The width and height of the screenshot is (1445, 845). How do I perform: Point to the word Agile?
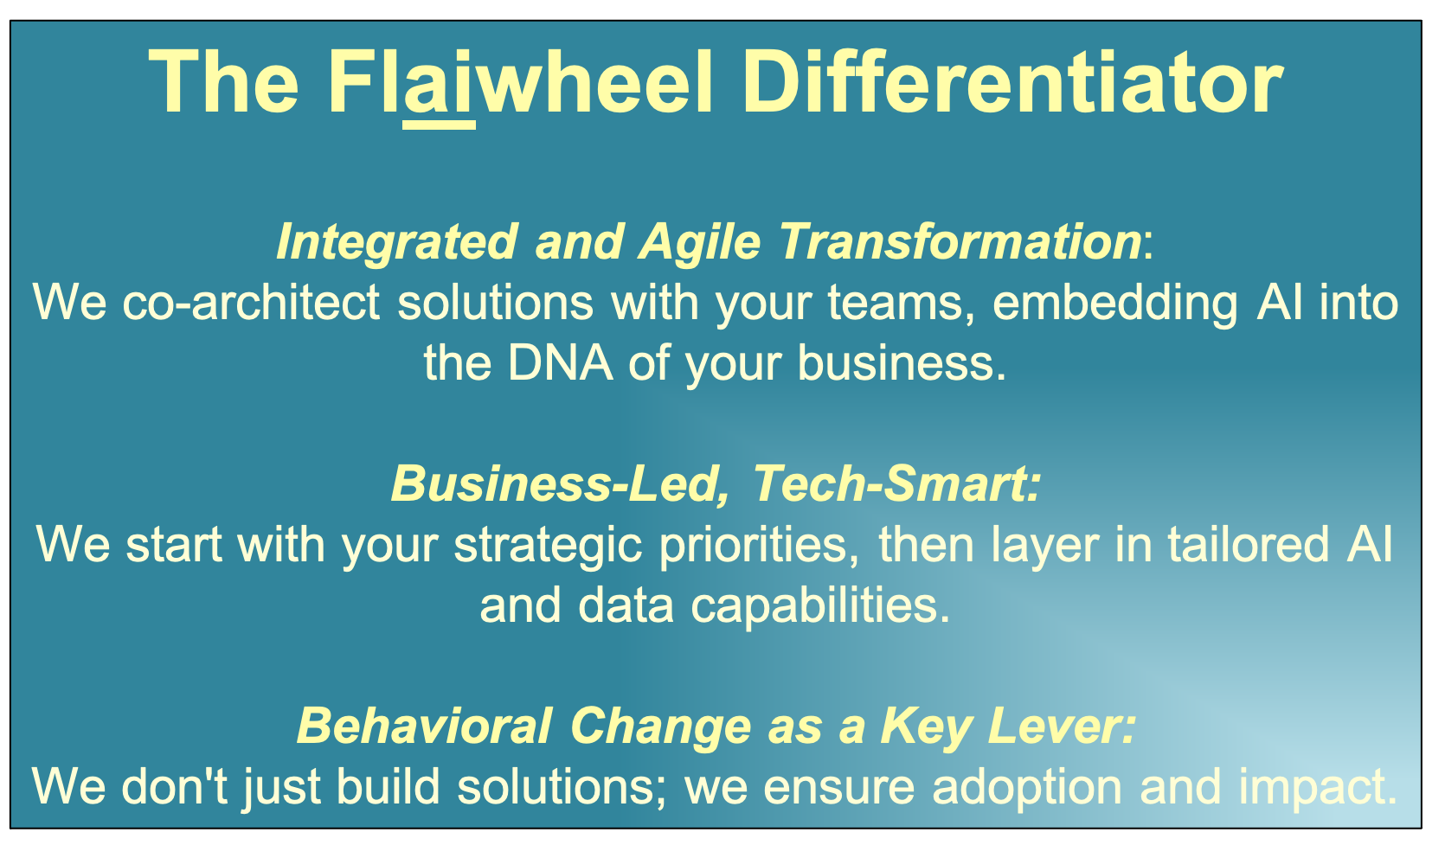tap(700, 242)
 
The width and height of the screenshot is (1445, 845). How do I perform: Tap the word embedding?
tap(1115, 304)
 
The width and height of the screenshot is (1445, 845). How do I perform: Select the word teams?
tap(902, 303)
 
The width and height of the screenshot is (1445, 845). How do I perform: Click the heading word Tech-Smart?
tap(897, 483)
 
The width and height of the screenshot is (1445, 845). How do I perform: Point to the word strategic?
tap(549, 545)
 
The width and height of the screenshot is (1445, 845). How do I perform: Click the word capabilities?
tap(820, 605)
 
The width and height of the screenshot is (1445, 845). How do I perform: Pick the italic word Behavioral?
tap(425, 725)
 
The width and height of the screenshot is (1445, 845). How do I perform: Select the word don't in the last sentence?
tap(174, 785)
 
